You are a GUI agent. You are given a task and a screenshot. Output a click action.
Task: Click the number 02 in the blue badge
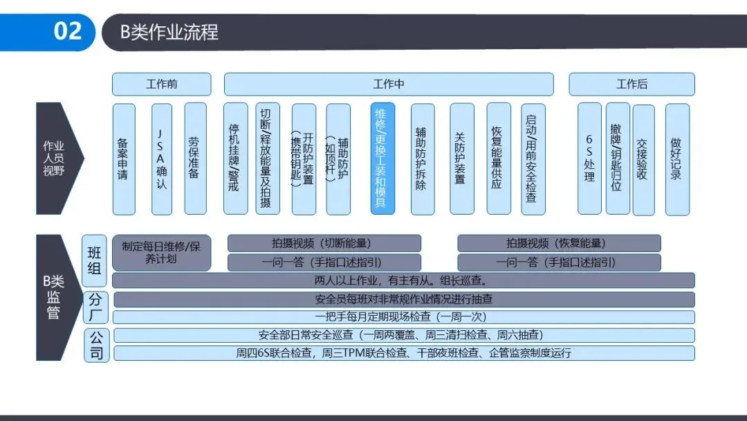(x=68, y=31)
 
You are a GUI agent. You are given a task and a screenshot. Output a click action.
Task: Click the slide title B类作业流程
(x=169, y=32)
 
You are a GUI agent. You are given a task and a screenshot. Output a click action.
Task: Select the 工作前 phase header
(x=161, y=84)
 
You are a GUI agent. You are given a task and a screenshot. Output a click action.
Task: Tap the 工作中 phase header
(x=388, y=84)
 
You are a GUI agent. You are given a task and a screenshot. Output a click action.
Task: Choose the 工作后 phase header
(x=631, y=84)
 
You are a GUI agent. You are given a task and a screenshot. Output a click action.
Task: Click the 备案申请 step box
(x=123, y=159)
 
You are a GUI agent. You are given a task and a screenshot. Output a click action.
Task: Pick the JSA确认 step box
(x=162, y=159)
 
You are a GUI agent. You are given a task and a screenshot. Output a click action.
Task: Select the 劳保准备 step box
(x=195, y=159)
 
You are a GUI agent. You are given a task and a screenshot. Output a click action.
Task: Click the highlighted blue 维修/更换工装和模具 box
(x=382, y=159)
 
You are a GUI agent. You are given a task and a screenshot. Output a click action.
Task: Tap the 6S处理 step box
(x=589, y=159)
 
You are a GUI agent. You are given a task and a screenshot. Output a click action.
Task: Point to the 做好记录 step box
(x=676, y=159)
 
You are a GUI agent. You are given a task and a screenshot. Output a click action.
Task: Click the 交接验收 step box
(x=643, y=159)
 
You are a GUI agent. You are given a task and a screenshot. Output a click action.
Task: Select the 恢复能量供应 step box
(x=498, y=159)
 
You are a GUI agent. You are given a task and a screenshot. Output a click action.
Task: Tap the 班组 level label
(x=95, y=260)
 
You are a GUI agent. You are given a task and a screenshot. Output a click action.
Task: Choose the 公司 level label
(x=96, y=346)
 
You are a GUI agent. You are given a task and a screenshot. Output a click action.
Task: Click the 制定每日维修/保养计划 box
(x=161, y=252)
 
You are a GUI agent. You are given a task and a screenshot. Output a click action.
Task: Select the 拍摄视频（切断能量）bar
(x=324, y=243)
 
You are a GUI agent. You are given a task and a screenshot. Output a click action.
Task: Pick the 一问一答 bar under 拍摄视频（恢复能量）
(x=558, y=262)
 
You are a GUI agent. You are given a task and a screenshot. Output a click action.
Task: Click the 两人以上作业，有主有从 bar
(x=403, y=280)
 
